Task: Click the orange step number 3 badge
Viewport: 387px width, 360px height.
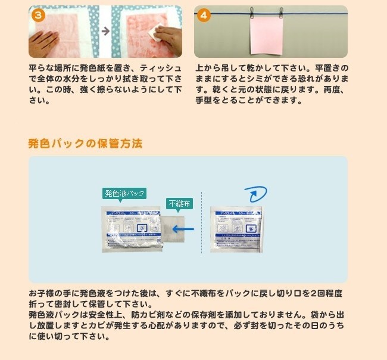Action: pyautogui.click(x=38, y=15)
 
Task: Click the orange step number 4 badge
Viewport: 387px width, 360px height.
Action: pyautogui.click(x=204, y=15)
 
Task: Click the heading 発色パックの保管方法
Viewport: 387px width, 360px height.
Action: pyautogui.click(x=85, y=144)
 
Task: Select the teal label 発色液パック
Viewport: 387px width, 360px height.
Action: pyautogui.click(x=124, y=193)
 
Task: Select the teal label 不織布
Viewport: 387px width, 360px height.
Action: pyautogui.click(x=179, y=203)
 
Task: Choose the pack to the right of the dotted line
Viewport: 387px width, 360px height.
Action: pyautogui.click(x=237, y=229)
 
